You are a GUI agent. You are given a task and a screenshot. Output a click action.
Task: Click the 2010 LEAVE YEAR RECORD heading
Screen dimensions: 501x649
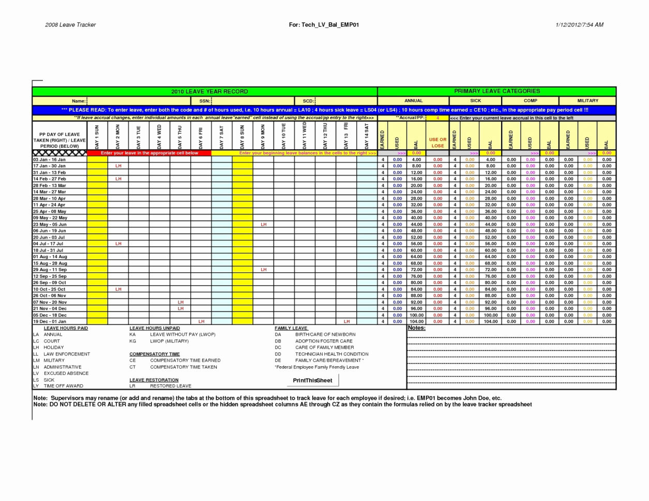point(209,91)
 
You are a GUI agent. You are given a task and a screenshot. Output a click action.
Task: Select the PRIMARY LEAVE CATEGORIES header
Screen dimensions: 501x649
point(496,91)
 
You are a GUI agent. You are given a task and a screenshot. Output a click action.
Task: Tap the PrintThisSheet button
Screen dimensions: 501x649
point(312,381)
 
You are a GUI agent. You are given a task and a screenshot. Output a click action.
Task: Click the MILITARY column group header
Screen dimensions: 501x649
point(587,101)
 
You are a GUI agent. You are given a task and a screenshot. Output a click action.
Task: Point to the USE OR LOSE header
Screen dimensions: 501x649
point(437,143)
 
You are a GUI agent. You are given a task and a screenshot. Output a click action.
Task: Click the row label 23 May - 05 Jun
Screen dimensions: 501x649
point(50,224)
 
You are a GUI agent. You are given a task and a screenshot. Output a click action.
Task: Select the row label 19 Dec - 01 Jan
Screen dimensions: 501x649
point(50,321)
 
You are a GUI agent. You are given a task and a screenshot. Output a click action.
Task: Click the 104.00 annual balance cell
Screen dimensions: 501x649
point(416,321)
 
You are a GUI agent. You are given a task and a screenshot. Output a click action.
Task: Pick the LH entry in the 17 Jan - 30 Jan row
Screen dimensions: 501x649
point(118,166)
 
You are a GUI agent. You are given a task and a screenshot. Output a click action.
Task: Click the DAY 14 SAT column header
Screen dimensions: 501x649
point(367,135)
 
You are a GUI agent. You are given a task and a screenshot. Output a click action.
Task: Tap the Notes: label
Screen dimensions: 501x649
point(416,328)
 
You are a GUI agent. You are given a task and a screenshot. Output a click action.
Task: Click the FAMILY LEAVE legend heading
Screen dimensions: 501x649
point(291,328)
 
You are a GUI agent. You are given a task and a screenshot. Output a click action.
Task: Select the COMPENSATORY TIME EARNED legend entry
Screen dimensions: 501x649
point(185,361)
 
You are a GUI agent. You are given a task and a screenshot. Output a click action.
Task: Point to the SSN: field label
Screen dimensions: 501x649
point(205,101)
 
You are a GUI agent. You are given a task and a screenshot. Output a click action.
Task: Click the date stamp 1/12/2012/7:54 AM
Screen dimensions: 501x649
point(579,25)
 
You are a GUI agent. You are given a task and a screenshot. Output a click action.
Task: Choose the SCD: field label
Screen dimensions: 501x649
point(308,101)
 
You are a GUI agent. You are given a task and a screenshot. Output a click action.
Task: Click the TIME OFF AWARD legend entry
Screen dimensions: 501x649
point(63,386)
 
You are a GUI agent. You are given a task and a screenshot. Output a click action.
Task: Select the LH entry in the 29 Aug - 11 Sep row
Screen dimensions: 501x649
point(263,270)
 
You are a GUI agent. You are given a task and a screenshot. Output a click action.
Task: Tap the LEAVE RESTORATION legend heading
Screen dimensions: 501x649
point(154,380)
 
